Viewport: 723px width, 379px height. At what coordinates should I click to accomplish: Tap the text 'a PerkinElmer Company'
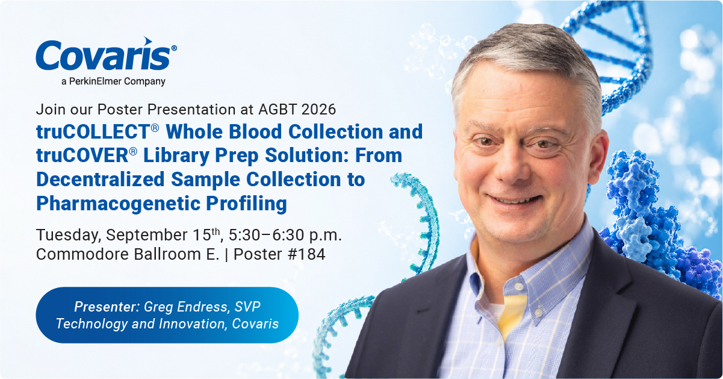click(x=113, y=81)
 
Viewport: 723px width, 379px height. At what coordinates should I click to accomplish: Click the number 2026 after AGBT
click(x=318, y=109)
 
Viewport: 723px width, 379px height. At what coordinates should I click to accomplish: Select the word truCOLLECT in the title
click(x=93, y=131)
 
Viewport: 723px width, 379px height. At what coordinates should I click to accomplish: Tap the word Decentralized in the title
click(x=101, y=180)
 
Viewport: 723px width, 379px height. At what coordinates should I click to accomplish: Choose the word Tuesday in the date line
click(x=69, y=235)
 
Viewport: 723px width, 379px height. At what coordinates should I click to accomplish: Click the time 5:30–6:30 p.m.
click(x=285, y=235)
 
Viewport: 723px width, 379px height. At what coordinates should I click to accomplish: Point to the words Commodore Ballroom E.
click(x=128, y=254)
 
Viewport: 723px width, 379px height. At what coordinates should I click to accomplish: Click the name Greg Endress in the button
click(x=187, y=307)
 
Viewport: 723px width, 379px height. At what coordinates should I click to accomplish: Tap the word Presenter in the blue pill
click(x=107, y=307)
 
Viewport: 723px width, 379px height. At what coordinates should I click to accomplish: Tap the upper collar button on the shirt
click(x=518, y=287)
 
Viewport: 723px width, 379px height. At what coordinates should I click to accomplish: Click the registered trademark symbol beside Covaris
click(x=174, y=48)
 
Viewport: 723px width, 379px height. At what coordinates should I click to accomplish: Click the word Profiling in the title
click(x=246, y=204)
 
